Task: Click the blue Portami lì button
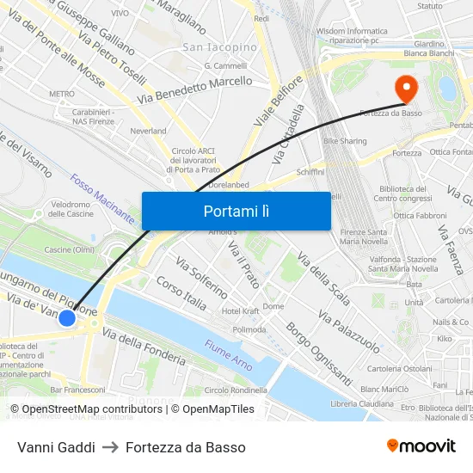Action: (x=236, y=211)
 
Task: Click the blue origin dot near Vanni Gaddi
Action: (x=67, y=318)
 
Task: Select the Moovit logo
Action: (x=421, y=446)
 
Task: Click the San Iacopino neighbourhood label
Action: (x=220, y=46)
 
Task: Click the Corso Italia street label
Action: (x=181, y=292)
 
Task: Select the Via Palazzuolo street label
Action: (x=348, y=330)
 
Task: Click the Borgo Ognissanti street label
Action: (x=319, y=353)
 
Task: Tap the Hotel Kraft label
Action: (x=241, y=310)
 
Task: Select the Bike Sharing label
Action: (x=345, y=140)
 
